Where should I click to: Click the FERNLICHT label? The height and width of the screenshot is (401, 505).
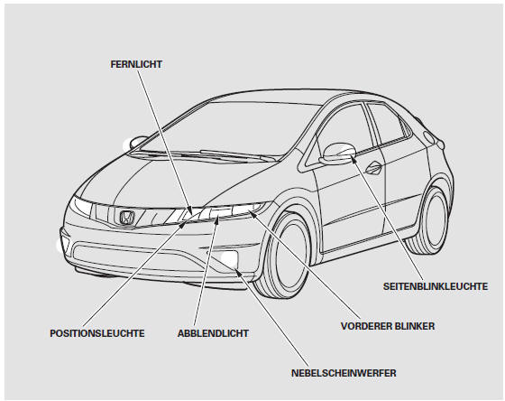click(136, 64)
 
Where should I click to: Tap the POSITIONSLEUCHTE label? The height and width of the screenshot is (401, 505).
click(97, 333)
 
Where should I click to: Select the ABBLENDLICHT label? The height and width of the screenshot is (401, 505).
click(213, 333)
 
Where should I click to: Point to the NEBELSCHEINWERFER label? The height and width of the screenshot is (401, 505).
click(344, 373)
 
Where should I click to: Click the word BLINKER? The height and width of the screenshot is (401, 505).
click(415, 326)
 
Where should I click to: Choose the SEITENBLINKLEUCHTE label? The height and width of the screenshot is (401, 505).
click(436, 286)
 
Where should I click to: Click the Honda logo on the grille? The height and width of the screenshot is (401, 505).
click(127, 218)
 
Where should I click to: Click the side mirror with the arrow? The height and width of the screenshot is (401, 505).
click(338, 154)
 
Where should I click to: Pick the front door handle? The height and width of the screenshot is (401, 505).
click(373, 168)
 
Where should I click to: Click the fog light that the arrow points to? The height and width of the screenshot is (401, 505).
click(229, 257)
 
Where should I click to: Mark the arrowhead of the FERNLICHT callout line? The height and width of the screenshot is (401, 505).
click(191, 211)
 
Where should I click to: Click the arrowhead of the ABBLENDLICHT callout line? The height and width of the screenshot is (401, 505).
click(218, 220)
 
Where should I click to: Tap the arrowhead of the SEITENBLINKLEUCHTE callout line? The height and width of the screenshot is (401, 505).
click(353, 159)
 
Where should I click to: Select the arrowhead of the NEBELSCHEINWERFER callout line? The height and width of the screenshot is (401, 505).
click(237, 272)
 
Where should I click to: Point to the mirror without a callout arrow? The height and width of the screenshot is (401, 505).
click(138, 141)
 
